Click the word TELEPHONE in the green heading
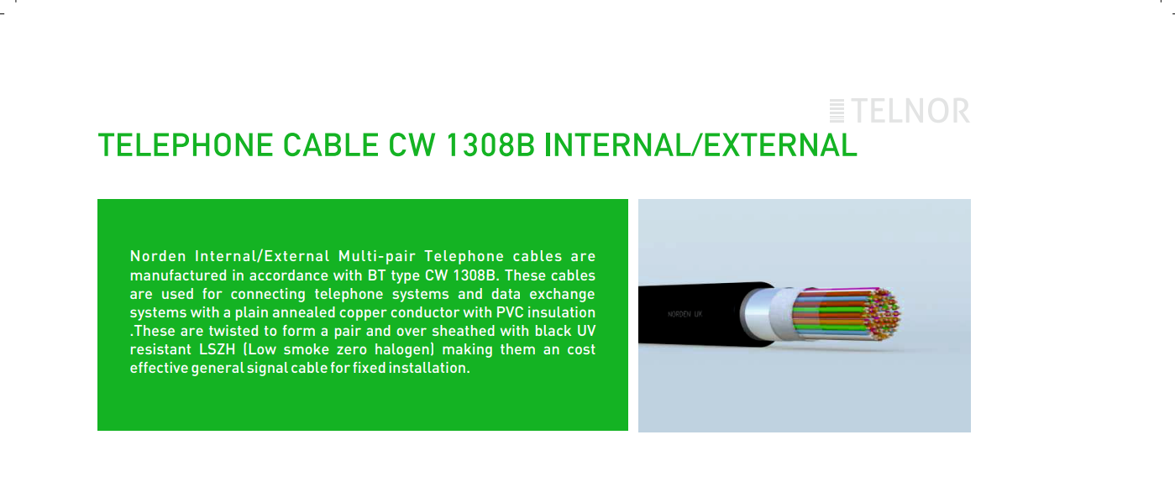(x=185, y=145)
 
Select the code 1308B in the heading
(x=490, y=145)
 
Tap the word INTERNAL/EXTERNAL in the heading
(x=700, y=145)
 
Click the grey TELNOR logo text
(x=910, y=111)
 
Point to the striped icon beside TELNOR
(x=837, y=111)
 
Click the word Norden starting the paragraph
(x=158, y=256)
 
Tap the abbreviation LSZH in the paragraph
(x=218, y=349)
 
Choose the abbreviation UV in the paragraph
(x=586, y=331)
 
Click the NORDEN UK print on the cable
(x=685, y=314)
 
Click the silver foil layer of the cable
(x=766, y=314)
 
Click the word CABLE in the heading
(x=330, y=145)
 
